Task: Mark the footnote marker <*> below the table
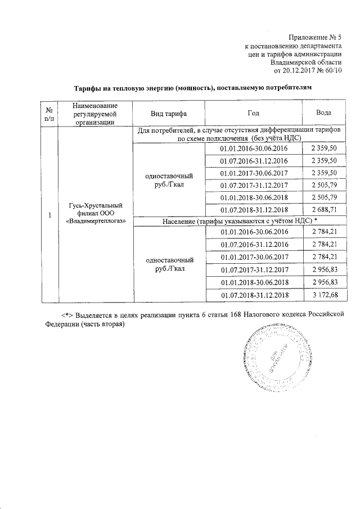pos(68,313)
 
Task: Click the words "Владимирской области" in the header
pos(305,62)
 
